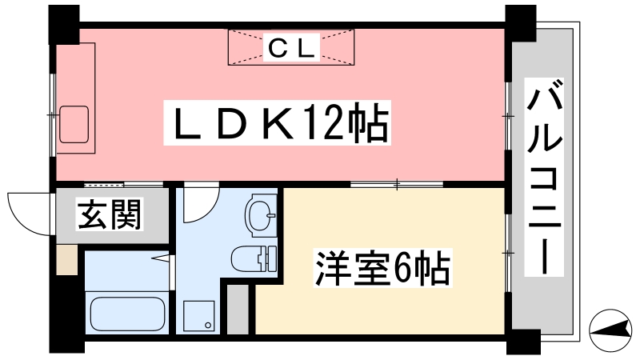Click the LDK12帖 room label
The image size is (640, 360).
[277, 122]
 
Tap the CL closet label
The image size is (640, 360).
[291, 47]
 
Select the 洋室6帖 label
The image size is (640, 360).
[383, 269]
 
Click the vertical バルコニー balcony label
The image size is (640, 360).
[544, 177]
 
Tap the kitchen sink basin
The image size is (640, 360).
[74, 125]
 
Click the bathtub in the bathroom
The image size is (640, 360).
[127, 314]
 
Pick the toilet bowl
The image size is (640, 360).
[254, 258]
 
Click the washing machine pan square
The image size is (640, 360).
[198, 316]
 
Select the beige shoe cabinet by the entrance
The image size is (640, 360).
[66, 259]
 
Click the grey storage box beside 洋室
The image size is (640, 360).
[238, 310]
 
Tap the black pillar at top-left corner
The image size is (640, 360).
[64, 25]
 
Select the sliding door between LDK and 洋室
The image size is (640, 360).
[397, 184]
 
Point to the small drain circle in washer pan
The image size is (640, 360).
[208, 326]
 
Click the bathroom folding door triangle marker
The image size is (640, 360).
[162, 258]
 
